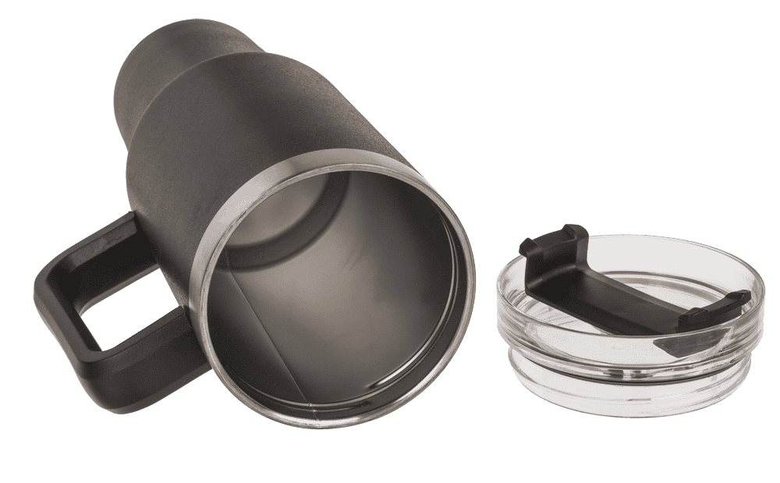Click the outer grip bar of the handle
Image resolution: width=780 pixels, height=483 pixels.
pos(55,312)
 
